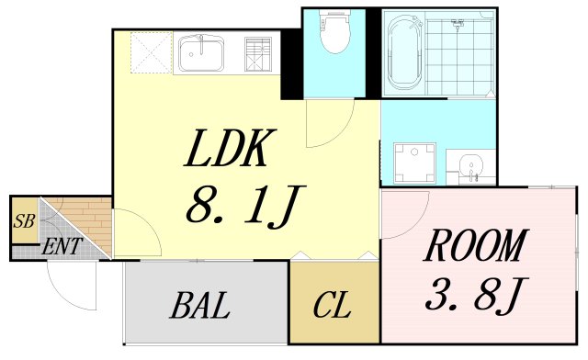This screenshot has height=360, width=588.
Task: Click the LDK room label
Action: coord(231,148)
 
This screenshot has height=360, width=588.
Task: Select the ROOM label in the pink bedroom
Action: coord(476,245)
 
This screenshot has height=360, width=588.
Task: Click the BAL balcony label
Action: coord(200,305)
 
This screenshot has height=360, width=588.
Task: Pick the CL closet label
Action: coord(332,305)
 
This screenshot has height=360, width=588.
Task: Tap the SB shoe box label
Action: coord(24,221)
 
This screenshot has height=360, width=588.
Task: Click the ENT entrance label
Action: coord(62,247)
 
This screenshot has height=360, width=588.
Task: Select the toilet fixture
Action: coord(334,30)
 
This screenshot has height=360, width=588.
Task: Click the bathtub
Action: coord(404,51)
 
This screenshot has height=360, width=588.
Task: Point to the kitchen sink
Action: coord(201,53)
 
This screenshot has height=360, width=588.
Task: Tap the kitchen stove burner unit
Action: coord(258,54)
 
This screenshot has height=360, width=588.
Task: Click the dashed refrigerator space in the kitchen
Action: coord(151,52)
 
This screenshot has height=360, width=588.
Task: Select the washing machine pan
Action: coord(414,163)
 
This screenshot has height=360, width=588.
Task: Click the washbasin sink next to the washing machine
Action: coord(470,165)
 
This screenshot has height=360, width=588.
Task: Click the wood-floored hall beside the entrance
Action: coord(90,222)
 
